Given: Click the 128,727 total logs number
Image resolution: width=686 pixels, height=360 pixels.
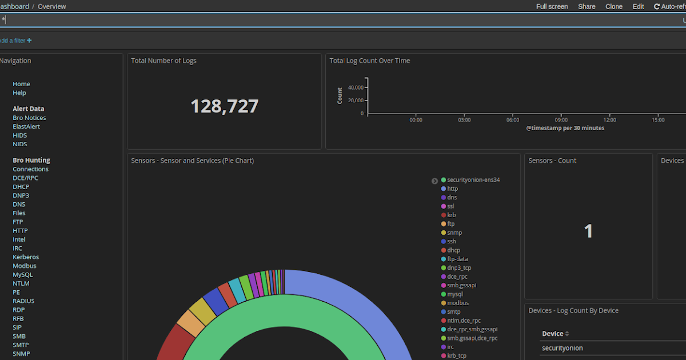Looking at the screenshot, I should coord(224,106).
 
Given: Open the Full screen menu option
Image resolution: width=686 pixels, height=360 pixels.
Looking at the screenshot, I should coord(552,7).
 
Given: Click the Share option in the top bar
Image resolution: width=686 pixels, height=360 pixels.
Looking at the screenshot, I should coord(587,7).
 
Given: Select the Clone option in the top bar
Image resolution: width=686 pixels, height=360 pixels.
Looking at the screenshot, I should coord(614,7).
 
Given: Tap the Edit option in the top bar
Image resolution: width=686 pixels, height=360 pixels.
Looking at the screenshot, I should coord(638,7).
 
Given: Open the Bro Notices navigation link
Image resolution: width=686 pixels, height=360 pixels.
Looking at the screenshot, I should coord(29,118).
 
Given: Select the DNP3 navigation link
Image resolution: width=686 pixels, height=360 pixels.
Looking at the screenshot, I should coord(21,195).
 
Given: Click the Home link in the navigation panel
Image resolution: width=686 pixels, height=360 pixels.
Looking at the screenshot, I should coord(22,84).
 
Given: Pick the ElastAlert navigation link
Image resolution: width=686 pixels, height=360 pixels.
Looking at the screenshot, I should coord(26,126).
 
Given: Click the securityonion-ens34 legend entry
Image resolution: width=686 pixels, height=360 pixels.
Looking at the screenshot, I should coord(473,180).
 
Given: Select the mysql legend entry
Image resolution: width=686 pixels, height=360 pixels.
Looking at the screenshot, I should coord(455,294).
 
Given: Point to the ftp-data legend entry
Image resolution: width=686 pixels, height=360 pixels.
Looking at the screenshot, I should coord(457,259).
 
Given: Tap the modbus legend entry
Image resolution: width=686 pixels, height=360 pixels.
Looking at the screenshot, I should coord(458,303).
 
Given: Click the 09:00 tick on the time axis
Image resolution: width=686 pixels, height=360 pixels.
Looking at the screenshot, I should coord(561,120).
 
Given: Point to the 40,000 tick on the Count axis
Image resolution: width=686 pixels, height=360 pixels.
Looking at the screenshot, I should coord(355,87).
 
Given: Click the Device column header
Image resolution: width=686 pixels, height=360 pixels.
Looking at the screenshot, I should coord(552,334).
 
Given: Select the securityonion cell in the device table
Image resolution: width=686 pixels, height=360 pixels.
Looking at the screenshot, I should coord(563,348).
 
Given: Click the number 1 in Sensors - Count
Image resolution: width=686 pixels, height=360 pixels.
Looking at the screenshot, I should coord(588,231).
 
